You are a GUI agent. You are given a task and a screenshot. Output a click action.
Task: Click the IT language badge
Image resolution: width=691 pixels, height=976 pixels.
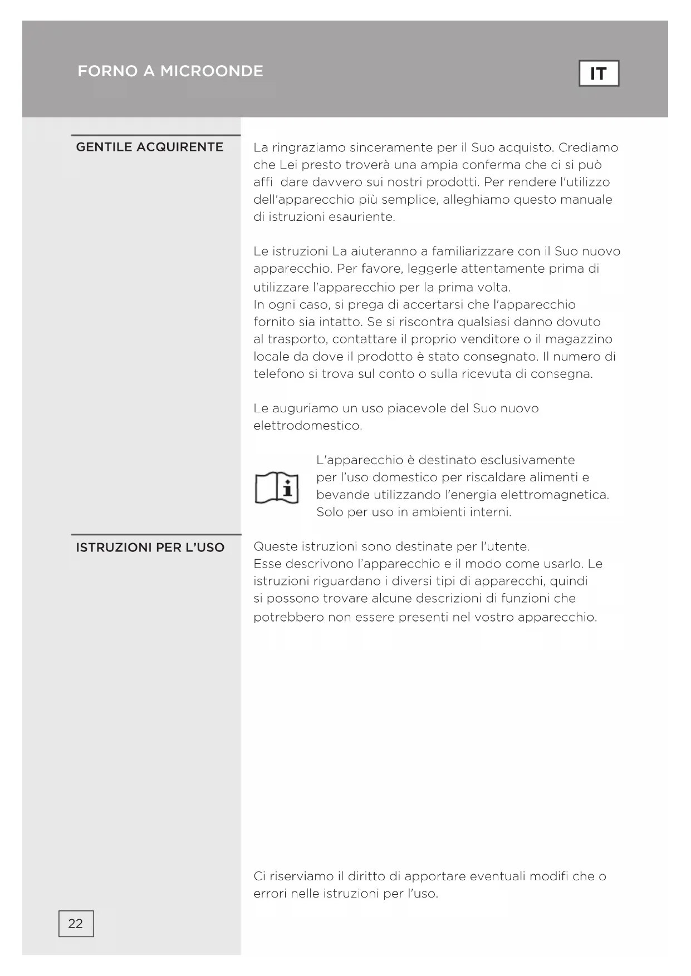point(599,73)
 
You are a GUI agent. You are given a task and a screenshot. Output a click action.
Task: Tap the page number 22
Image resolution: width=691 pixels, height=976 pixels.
point(76,924)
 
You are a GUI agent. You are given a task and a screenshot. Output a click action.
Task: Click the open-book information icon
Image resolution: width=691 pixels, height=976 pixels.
point(277,487)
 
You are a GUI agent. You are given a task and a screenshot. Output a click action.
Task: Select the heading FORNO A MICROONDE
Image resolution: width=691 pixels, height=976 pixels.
point(170,71)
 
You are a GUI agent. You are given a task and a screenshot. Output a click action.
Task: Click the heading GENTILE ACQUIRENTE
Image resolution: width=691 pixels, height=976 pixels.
point(149,147)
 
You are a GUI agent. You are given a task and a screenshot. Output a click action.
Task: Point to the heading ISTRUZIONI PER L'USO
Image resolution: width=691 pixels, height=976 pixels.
point(150,548)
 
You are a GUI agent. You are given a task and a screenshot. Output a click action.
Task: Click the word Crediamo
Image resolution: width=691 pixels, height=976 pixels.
point(588,147)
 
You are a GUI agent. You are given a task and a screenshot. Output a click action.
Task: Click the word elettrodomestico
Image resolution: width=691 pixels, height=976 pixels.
point(307,426)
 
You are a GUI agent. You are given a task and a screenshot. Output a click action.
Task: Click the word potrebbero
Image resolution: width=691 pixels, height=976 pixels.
point(288,617)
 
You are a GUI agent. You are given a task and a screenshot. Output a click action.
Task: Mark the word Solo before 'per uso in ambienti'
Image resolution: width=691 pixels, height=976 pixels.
point(330,512)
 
